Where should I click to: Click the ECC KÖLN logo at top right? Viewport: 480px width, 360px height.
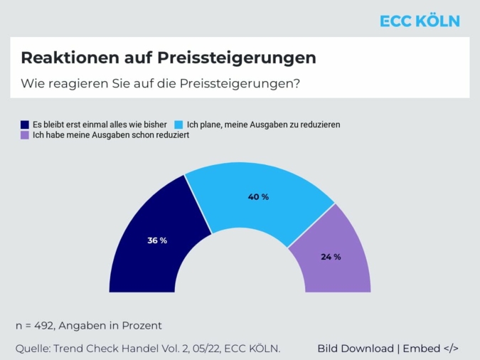[x=420, y=21]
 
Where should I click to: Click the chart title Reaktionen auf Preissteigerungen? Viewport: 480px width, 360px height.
[x=169, y=57]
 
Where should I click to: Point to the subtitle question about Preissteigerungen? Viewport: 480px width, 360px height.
[x=160, y=83]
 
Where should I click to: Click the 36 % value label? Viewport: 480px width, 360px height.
[x=157, y=240]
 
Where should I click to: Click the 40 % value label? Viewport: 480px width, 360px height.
[x=258, y=196]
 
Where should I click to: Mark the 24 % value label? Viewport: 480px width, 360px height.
[x=331, y=257]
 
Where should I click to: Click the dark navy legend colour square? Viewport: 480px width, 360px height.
[x=26, y=124]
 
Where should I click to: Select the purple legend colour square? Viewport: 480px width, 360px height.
[x=26, y=134]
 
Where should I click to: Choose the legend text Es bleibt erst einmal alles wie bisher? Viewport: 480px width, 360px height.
[x=101, y=124]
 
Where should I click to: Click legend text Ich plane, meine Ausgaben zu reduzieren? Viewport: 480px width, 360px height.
[x=263, y=124]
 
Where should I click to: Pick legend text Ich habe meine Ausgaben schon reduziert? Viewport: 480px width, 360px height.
[x=110, y=134]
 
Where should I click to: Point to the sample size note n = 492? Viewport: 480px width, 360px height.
[x=89, y=326]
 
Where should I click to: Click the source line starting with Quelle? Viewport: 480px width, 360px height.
[x=148, y=349]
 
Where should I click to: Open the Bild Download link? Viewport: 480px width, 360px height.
[x=355, y=349]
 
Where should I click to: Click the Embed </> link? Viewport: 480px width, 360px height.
[x=430, y=349]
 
